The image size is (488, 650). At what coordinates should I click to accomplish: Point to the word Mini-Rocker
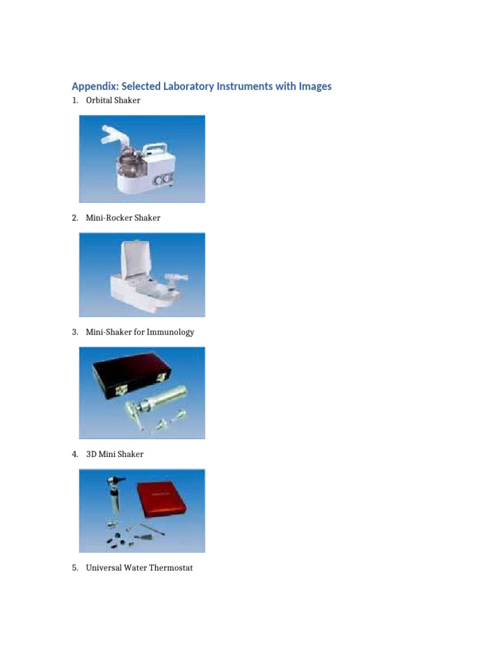tap(109, 218)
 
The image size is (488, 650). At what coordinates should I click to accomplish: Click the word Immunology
tap(171, 332)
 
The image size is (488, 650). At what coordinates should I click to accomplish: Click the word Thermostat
tap(170, 567)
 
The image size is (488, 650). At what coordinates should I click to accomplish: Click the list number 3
tap(74, 332)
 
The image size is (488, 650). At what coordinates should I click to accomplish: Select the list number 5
tap(74, 567)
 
